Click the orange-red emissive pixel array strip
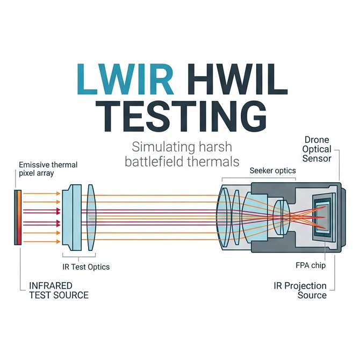[x=19, y=217]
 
